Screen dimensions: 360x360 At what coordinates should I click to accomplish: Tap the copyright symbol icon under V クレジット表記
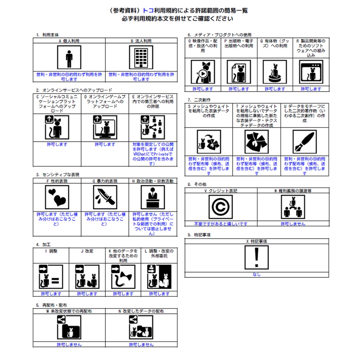click(x=220, y=207)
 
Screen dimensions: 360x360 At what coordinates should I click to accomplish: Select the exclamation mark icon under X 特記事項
click(x=257, y=257)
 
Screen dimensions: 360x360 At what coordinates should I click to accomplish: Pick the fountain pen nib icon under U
click(x=304, y=142)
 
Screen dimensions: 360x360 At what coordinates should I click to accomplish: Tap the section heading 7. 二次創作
click(x=199, y=100)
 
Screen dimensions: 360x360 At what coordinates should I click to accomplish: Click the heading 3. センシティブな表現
click(x=58, y=174)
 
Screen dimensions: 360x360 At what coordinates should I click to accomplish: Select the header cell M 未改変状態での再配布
click(x=69, y=311)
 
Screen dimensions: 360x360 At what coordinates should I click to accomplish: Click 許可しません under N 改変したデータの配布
click(x=141, y=345)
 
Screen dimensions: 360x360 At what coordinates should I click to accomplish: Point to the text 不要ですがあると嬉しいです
click(x=220, y=224)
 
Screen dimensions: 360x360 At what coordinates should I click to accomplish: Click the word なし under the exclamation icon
click(x=257, y=274)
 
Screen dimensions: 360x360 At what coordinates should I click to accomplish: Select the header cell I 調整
click(x=51, y=251)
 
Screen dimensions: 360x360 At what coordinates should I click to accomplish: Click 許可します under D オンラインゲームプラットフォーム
click(x=105, y=144)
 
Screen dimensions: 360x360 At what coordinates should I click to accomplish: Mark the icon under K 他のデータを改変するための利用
click(x=123, y=277)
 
